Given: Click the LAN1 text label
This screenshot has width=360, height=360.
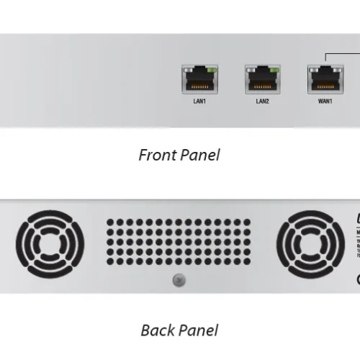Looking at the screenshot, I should pyautogui.click(x=200, y=102).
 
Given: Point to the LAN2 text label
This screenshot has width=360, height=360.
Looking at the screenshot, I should pyautogui.click(x=262, y=102).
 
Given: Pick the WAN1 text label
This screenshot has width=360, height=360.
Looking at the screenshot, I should pyautogui.click(x=325, y=102).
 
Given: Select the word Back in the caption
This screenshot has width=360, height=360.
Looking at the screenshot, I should pyautogui.click(x=157, y=330).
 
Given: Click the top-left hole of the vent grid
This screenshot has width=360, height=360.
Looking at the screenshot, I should pyautogui.click(x=110, y=222).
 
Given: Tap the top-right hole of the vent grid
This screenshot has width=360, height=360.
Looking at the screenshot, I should pyautogui.click(x=250, y=222).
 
